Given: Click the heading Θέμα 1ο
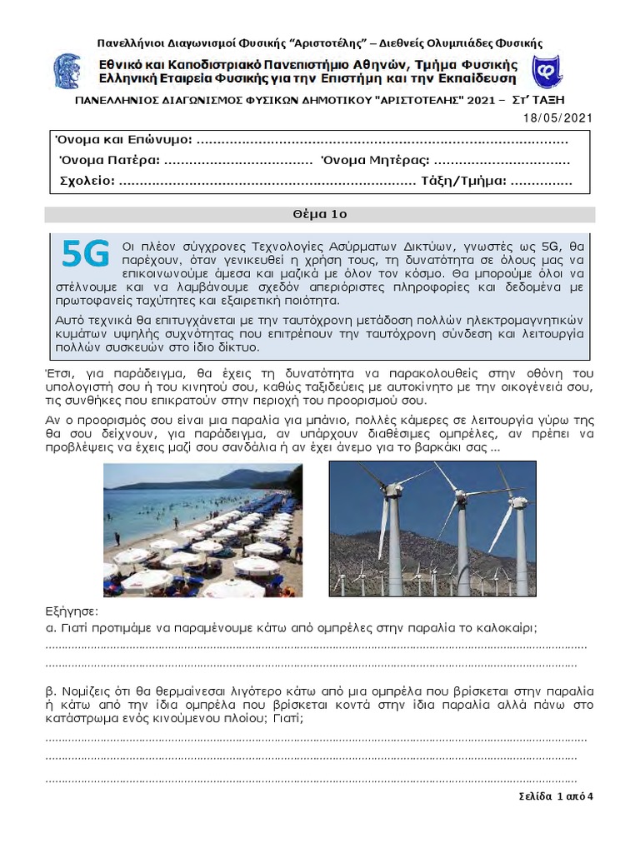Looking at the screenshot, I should [319, 214].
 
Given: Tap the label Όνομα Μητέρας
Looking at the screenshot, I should [375, 160].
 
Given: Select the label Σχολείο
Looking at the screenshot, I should [87, 181].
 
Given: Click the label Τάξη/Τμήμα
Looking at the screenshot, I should [463, 181].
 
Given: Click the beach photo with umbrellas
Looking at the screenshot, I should [202, 530].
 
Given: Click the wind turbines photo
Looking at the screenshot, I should [432, 530].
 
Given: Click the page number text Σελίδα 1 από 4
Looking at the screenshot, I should [555, 796].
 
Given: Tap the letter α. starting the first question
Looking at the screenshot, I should [49, 627].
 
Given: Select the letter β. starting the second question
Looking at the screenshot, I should [49, 691].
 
